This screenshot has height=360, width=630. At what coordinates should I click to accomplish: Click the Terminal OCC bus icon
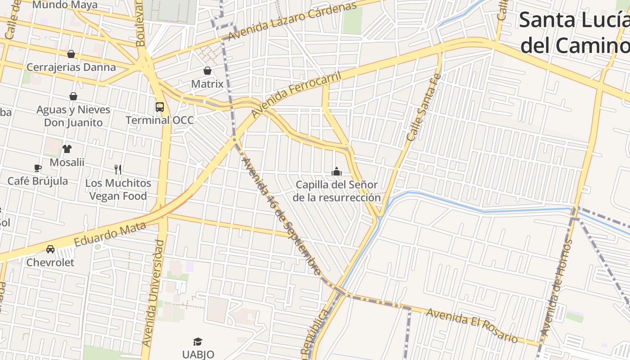(x=160, y=107)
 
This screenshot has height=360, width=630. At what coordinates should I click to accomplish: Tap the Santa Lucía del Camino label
(x=574, y=33)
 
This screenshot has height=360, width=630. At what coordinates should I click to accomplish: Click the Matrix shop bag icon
(x=207, y=71)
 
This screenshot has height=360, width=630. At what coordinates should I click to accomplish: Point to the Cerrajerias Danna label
(x=71, y=67)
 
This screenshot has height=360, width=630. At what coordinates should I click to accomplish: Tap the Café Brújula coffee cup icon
(x=38, y=168)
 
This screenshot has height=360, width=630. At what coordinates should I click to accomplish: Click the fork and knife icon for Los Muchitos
(x=118, y=170)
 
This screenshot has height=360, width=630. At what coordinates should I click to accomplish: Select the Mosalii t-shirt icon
(x=67, y=149)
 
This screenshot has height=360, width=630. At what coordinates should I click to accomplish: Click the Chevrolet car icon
(x=50, y=249)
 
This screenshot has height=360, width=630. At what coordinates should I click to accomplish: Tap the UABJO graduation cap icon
(x=198, y=342)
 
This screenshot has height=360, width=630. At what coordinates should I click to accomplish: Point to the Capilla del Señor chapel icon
(x=337, y=171)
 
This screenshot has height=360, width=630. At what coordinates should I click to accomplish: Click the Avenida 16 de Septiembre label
(x=282, y=216)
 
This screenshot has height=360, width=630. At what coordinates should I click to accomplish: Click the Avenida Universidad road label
(x=153, y=292)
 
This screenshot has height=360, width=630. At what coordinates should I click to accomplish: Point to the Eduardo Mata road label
(x=110, y=234)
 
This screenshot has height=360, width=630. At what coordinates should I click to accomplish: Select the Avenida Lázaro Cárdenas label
(x=292, y=20)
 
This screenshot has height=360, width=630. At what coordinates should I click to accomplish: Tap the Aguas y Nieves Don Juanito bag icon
(x=73, y=96)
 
